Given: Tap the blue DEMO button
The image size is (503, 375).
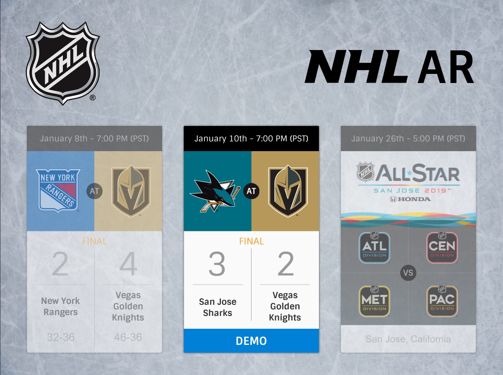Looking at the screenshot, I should click(x=251, y=341).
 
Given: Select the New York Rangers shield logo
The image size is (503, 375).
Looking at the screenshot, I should click(x=58, y=190).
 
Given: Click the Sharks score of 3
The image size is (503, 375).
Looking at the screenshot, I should click(x=217, y=264).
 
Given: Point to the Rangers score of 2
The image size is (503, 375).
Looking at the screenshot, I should click(x=60, y=265).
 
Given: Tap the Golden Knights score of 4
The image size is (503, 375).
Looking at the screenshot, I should click(x=128, y=265).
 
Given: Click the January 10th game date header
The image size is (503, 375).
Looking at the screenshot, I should click(x=251, y=138).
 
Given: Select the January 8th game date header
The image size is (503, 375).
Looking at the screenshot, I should click(x=94, y=138).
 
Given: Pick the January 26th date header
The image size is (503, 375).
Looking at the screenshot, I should click(x=408, y=138).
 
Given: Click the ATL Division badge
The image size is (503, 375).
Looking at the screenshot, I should click(x=374, y=247).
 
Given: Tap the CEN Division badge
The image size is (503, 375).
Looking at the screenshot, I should click(x=442, y=247).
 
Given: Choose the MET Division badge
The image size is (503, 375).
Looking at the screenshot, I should click(x=374, y=300).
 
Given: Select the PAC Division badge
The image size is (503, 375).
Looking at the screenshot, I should click(x=442, y=300).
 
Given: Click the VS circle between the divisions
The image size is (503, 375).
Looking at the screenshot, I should click(x=408, y=273).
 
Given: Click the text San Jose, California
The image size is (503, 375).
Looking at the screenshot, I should click(x=408, y=339).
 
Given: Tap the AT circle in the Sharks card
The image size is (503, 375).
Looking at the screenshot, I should click(x=251, y=191).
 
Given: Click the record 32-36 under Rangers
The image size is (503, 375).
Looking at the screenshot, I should click(x=60, y=337).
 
